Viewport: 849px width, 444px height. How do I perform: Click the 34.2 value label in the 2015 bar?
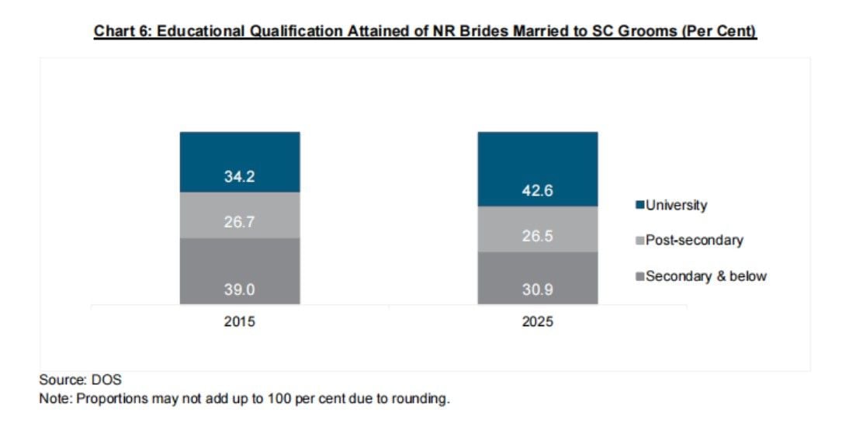tap(239, 176)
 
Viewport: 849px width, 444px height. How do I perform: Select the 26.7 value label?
tap(239, 222)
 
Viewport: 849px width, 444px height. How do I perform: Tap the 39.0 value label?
tap(239, 290)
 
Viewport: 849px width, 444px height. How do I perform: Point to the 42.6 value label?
tap(537, 191)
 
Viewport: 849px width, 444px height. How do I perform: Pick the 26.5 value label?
tap(537, 236)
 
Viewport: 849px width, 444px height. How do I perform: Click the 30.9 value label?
tap(537, 290)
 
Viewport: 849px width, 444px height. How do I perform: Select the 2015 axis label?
tap(239, 321)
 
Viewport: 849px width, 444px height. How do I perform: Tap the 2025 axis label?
tap(537, 321)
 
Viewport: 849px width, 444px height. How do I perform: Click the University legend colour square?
tap(640, 205)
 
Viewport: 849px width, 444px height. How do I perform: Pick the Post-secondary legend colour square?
tap(640, 241)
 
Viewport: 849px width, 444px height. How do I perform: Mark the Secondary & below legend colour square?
tap(640, 276)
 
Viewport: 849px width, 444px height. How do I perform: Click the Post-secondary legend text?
tap(695, 241)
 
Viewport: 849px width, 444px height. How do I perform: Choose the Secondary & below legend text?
tap(706, 276)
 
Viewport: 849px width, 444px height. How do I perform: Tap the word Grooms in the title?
tap(647, 31)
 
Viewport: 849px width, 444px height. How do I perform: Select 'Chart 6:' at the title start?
tap(123, 31)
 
